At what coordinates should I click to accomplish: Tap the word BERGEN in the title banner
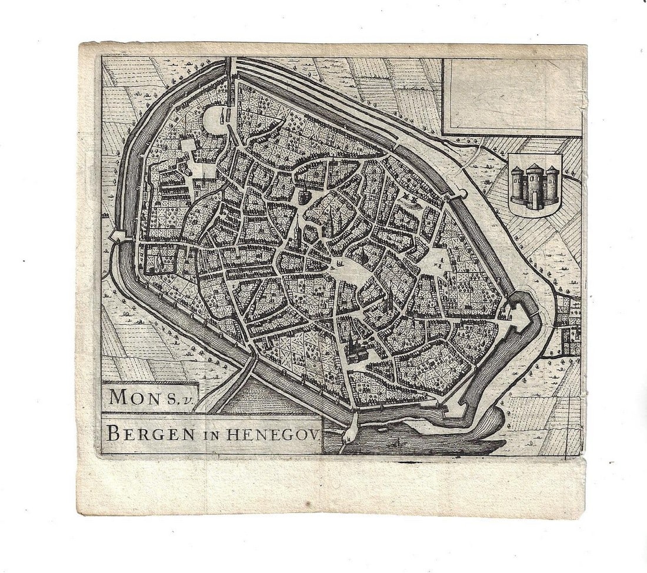pyautogui.click(x=143, y=434)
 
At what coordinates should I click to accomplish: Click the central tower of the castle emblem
pyautogui.click(x=534, y=185)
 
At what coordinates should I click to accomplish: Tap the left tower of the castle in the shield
pyautogui.click(x=518, y=185)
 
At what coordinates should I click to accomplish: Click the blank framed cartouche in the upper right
pyautogui.click(x=512, y=96)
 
